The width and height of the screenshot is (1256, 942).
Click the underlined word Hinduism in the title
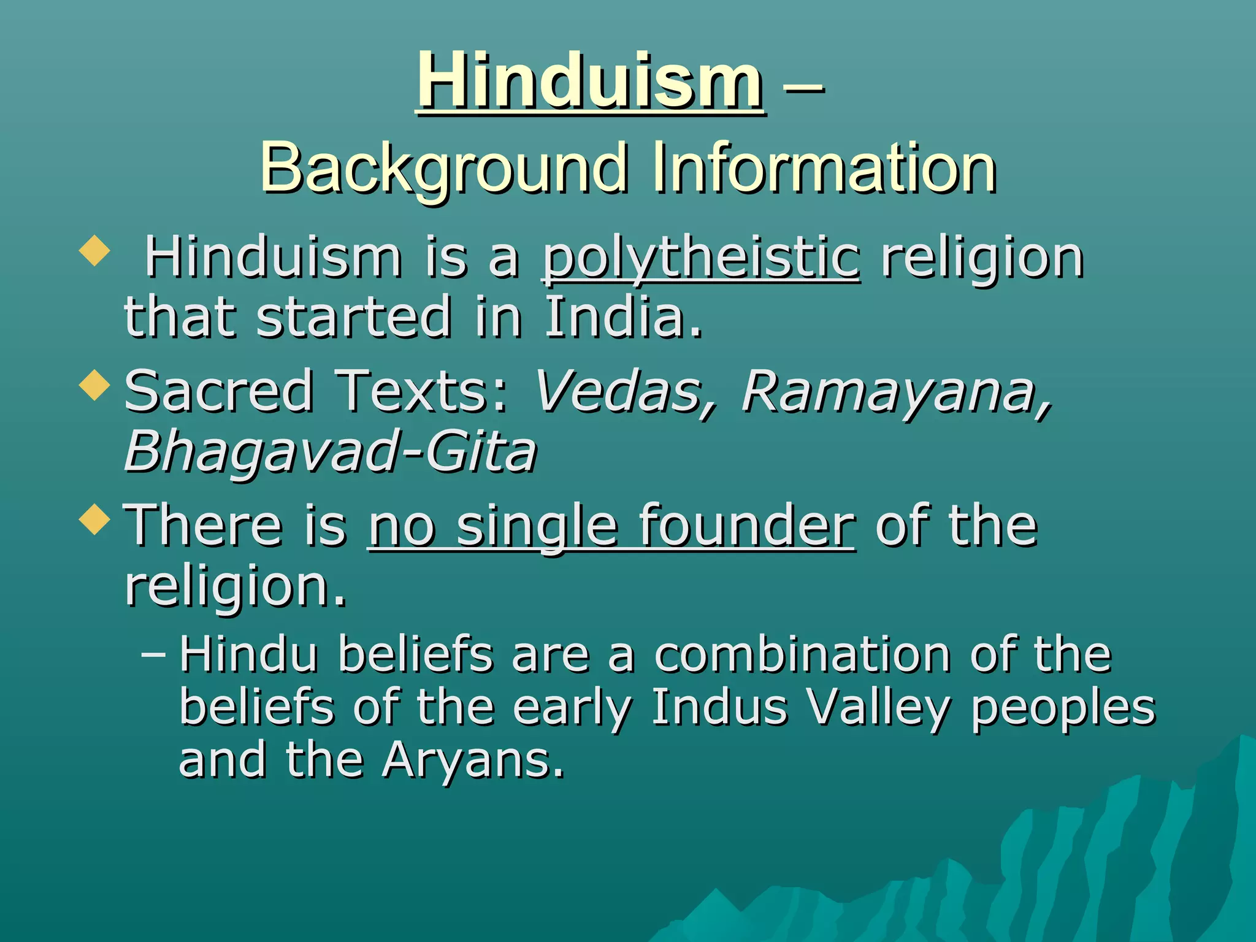pos(591,81)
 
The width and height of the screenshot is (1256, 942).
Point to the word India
pos(622,317)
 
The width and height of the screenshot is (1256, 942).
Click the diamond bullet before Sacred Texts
pos(94,386)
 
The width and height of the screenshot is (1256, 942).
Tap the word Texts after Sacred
pos(423,391)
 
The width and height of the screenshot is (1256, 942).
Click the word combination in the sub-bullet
pos(803,655)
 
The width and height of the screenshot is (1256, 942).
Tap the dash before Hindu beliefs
pos(153,654)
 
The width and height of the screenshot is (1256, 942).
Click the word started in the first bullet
pos(354,317)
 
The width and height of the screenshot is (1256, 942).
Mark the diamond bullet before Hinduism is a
pos(94,251)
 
